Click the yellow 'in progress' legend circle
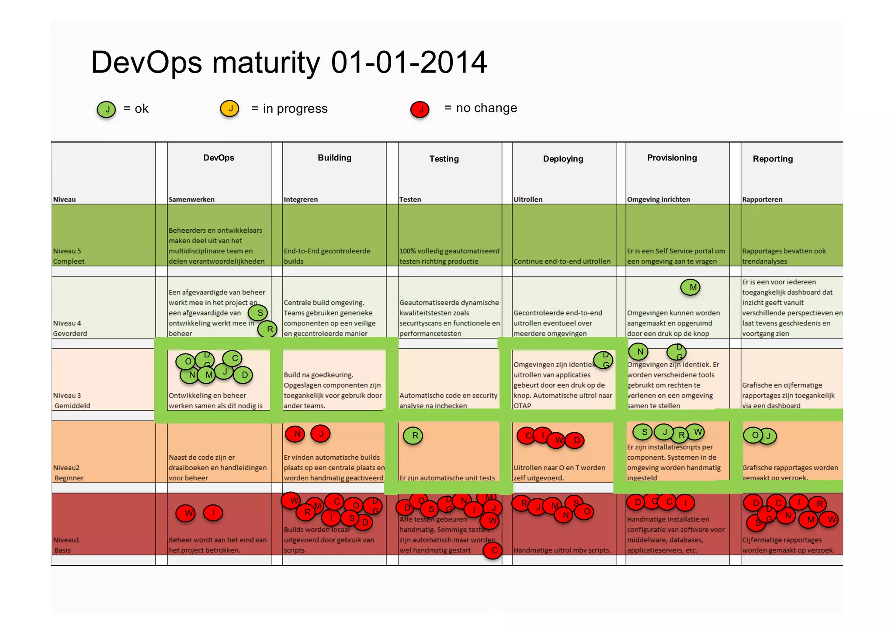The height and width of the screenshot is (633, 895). (230, 108)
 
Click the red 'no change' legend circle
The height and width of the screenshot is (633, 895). (420, 109)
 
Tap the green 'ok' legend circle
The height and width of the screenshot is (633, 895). (106, 109)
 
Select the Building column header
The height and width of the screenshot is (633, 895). (334, 158)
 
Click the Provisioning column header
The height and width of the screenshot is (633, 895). (672, 158)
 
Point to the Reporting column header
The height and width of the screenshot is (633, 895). (772, 159)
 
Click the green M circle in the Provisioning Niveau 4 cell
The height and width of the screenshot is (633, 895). (690, 287)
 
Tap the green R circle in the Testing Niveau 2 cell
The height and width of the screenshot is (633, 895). (413, 436)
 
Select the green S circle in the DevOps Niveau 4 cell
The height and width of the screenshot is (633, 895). (258, 313)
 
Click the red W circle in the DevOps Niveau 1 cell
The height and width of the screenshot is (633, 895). (188, 513)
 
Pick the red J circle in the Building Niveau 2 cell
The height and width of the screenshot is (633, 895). (321, 434)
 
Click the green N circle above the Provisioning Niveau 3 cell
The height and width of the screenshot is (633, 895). (638, 351)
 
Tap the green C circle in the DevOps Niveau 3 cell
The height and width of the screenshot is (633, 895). (233, 358)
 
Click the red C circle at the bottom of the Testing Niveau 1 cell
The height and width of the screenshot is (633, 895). (493, 550)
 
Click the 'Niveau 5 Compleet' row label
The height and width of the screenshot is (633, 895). (69, 256)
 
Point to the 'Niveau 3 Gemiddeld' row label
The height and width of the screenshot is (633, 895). (71, 400)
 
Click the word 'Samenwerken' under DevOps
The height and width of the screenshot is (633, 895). (191, 199)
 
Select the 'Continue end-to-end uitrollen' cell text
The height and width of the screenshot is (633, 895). (562, 261)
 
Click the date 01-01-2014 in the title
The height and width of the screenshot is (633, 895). (409, 62)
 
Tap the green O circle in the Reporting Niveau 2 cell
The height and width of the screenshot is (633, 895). (753, 435)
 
